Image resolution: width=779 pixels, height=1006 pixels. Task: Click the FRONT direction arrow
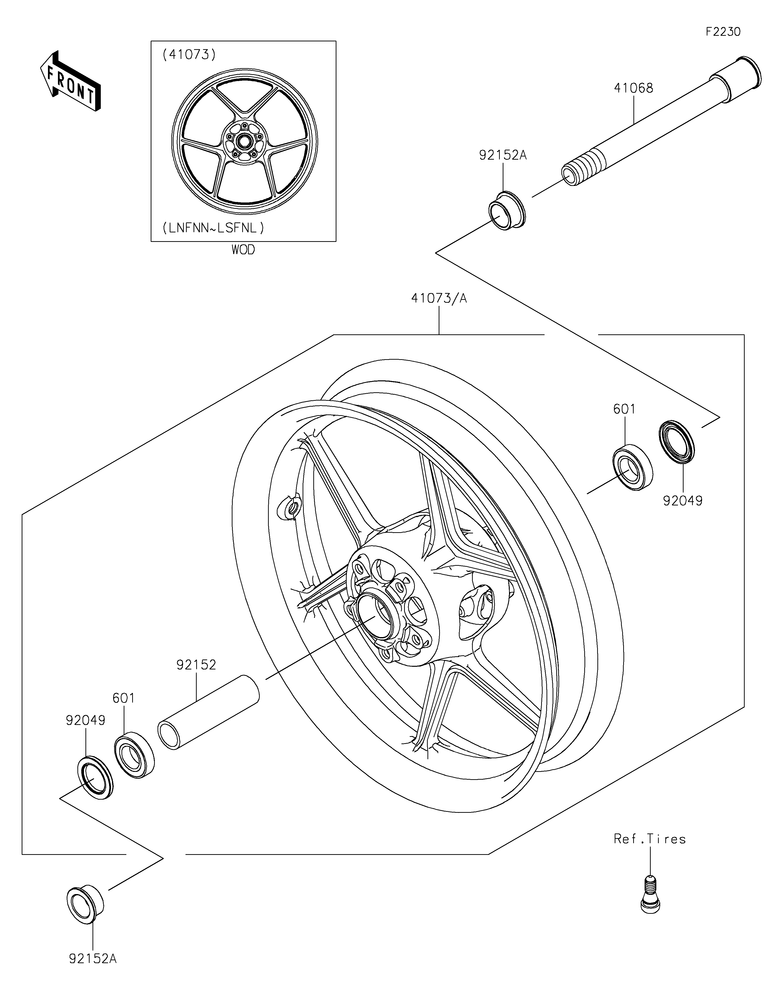[71, 81]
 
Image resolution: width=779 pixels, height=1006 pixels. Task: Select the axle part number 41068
[633, 88]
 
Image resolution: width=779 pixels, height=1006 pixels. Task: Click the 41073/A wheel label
[439, 299]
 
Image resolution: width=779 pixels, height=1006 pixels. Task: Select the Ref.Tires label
[649, 839]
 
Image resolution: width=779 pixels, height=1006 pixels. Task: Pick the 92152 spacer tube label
[196, 665]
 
